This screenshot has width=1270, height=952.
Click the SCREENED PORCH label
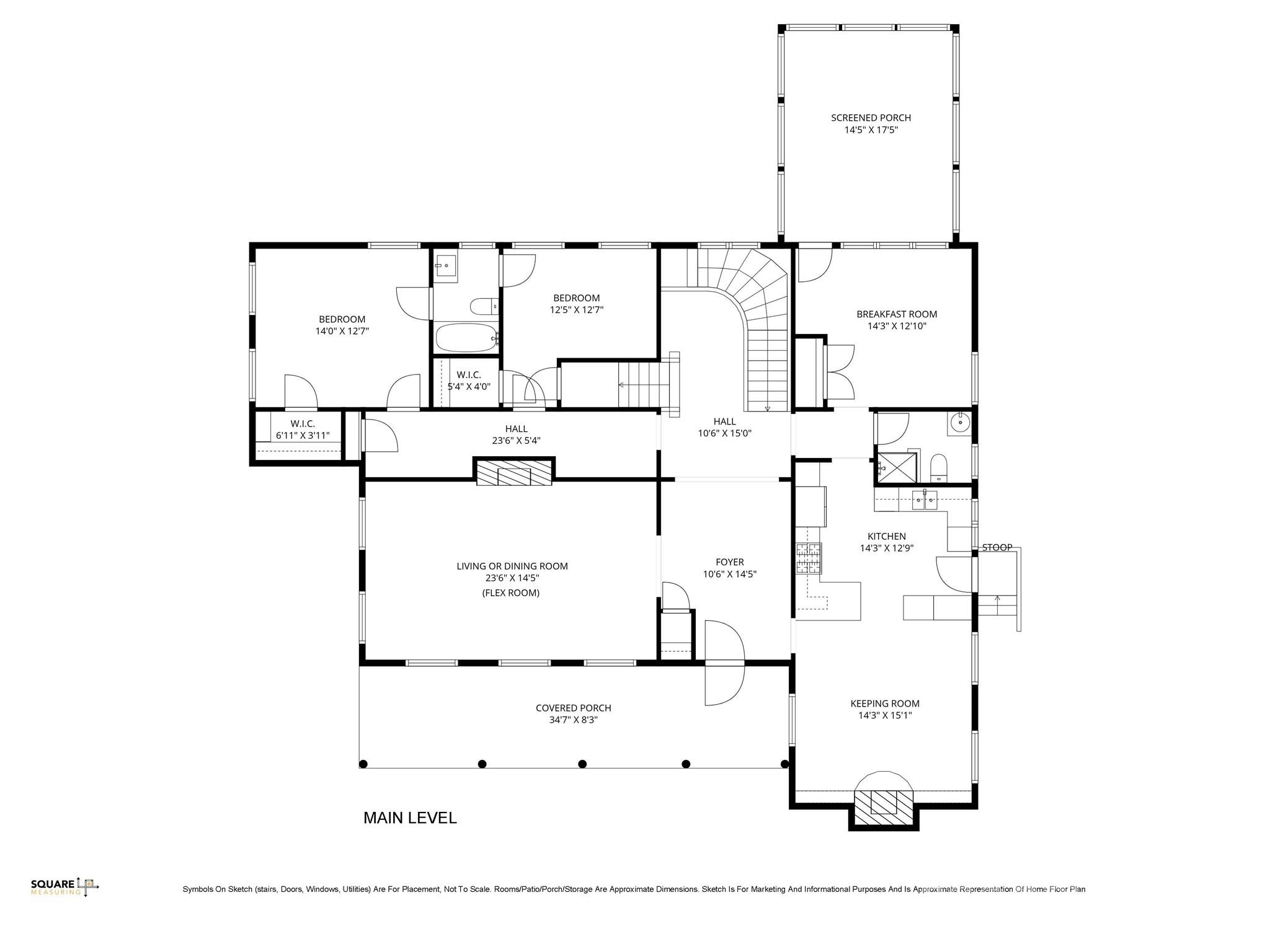(x=871, y=118)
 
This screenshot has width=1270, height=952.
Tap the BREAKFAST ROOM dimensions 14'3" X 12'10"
(x=897, y=326)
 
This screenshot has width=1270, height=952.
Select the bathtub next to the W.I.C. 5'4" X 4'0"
(x=466, y=338)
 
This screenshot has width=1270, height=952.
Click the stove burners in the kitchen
(x=809, y=557)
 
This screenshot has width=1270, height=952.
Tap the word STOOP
(x=997, y=547)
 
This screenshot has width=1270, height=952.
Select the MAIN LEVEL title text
(x=410, y=818)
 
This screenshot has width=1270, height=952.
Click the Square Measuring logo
(x=64, y=887)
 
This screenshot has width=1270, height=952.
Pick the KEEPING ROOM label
(x=884, y=703)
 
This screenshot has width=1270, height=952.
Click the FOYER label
(x=729, y=562)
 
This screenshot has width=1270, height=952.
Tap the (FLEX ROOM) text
(x=511, y=593)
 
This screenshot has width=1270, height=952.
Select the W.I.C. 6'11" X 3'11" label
(x=303, y=430)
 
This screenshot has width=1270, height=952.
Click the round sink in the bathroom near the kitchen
(x=959, y=423)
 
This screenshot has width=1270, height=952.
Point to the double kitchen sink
(x=924, y=499)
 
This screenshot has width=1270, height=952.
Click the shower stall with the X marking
(x=895, y=467)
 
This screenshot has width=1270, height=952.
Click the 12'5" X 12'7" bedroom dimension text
(x=576, y=310)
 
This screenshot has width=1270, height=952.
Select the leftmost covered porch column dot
(x=363, y=764)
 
